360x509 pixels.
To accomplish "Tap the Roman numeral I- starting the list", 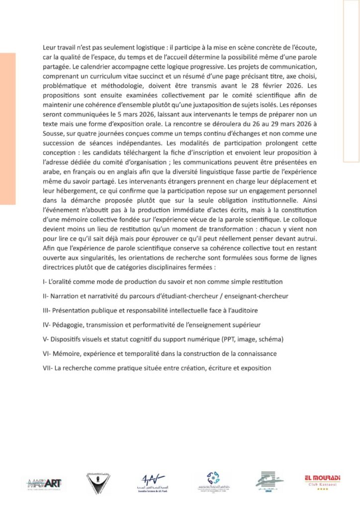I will [x=46, y=281].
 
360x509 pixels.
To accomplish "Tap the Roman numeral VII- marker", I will [x=49, y=368].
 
